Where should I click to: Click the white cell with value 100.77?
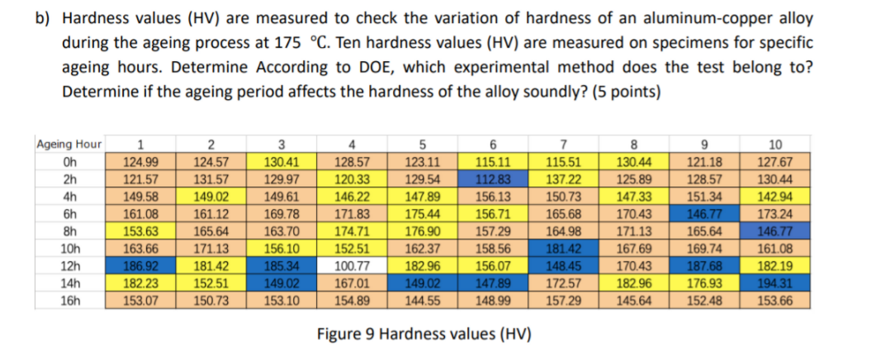352,266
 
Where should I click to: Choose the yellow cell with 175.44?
423,214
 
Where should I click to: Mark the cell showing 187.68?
703,266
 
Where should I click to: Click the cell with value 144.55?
423,301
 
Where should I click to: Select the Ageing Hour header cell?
70,144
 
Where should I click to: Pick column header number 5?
423,144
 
